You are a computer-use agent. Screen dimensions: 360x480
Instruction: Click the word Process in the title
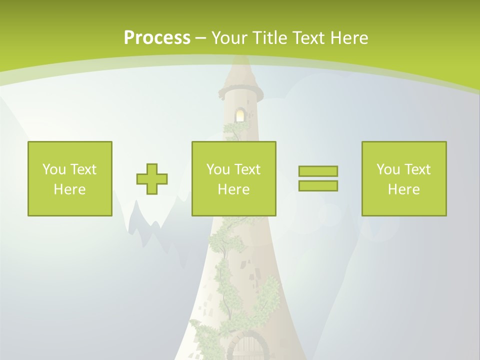(157, 38)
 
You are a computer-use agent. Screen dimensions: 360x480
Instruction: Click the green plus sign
(152, 179)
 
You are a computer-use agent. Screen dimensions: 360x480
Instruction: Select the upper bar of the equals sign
(318, 171)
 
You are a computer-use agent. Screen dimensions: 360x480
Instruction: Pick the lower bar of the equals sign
(318, 185)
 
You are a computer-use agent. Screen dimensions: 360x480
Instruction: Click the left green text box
(69, 178)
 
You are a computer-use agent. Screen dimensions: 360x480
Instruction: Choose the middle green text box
(233, 178)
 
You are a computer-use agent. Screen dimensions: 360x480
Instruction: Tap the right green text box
(403, 178)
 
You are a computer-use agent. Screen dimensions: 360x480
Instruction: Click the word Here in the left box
(69, 189)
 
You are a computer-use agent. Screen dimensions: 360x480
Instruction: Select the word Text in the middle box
(248, 169)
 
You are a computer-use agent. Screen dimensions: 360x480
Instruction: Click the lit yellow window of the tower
(240, 115)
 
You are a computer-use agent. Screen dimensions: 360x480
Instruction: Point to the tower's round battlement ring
(240, 92)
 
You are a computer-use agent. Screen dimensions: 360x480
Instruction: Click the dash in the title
(200, 38)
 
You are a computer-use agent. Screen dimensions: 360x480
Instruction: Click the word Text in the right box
(418, 169)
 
